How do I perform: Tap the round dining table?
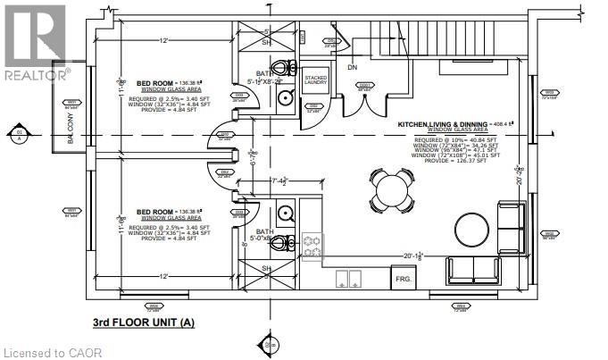point(390,189)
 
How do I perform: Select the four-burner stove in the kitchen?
point(313,246)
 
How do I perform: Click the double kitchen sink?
point(348,279)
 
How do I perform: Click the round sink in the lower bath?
point(285,212)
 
